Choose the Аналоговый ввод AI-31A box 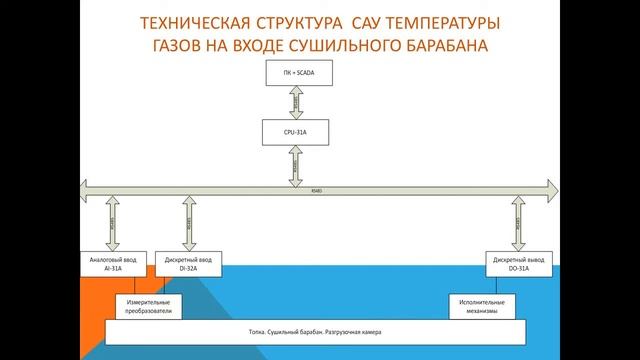point(112,264)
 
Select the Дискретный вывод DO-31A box point(517,264)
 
